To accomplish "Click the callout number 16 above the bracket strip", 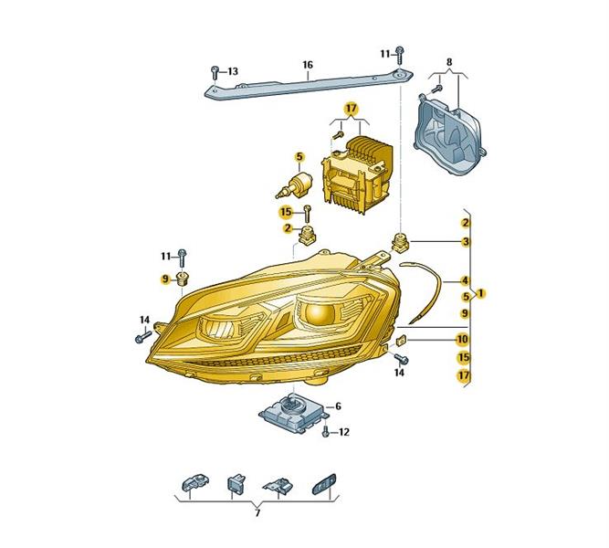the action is coord(307,65).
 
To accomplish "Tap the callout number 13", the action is coord(233,71).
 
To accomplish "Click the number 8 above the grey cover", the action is coord(449,62).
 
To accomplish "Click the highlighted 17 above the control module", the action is coord(351,109).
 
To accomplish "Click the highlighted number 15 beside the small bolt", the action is coord(286,212).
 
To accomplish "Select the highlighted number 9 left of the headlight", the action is coord(166,279).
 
